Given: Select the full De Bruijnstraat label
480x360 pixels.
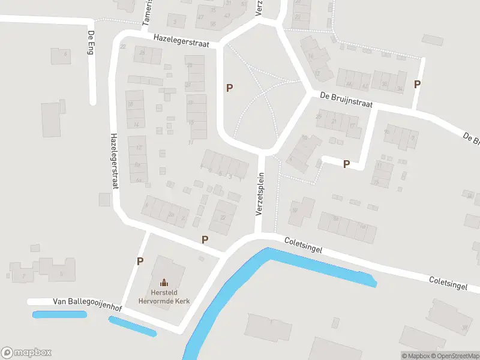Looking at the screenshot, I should pos(346,100).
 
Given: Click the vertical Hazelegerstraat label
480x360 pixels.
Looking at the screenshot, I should pos(112,161).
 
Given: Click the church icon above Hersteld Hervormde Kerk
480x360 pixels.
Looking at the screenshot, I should pos(163,282).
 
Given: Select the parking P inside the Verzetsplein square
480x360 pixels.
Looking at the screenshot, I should pos(229,88).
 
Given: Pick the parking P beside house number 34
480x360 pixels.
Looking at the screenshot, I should pos(417,85).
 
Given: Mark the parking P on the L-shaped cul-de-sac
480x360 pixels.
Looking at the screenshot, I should pos(346,164).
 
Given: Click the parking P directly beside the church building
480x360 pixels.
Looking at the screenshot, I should pos(140,262).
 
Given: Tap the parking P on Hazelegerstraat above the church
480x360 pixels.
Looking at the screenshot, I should pos(205,240).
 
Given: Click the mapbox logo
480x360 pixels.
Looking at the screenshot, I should pos(26,353).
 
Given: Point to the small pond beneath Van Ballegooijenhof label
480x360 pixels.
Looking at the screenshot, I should pos(59,314).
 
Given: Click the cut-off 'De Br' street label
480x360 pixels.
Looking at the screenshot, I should pos(472,139).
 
